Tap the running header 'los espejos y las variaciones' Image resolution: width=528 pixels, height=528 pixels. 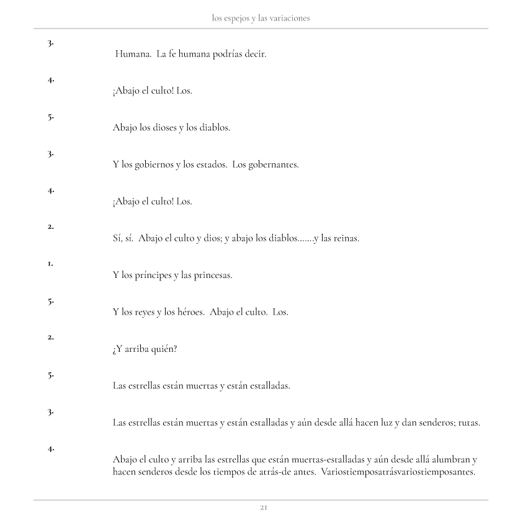(x=261, y=19)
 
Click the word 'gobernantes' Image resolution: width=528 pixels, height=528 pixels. (x=274, y=165)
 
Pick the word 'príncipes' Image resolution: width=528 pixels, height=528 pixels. (x=153, y=275)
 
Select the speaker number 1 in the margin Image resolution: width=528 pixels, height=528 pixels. (x=51, y=264)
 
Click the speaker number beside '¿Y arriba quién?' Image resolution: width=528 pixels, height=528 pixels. (x=51, y=338)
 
